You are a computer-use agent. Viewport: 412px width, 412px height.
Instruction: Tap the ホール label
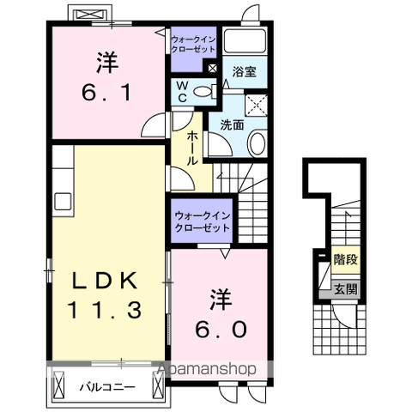[x=191, y=148]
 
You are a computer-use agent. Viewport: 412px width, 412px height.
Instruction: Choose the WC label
[x=183, y=90]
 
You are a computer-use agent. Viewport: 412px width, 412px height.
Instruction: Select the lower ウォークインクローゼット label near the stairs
[x=202, y=223]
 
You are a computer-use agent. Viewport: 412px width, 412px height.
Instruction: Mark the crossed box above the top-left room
[x=89, y=15]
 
